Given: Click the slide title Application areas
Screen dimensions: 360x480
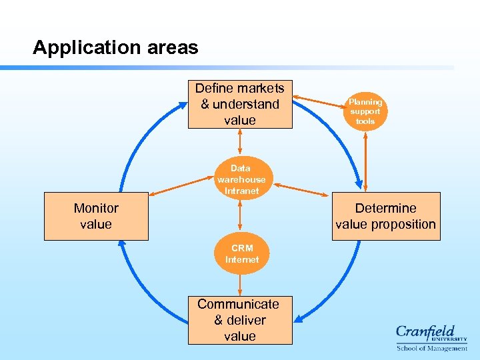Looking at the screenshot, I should (115, 48).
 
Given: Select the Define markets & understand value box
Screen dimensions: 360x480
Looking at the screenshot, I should (240, 104).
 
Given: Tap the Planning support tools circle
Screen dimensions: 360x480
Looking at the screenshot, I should (365, 111).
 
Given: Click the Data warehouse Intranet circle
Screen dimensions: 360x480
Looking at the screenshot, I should (241, 179).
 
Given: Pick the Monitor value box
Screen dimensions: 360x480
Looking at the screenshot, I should (96, 216).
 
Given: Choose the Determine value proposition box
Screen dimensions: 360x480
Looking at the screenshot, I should (385, 216).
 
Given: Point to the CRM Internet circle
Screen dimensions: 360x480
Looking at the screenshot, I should (241, 254).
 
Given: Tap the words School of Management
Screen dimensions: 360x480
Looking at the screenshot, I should (431, 348).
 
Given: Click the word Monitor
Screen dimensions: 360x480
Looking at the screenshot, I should (96, 208).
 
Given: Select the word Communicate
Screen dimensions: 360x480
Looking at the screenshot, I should (238, 304).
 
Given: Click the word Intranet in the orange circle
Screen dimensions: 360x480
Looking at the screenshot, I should (241, 191).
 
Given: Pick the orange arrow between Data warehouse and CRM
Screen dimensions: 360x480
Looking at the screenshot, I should (240, 216).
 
